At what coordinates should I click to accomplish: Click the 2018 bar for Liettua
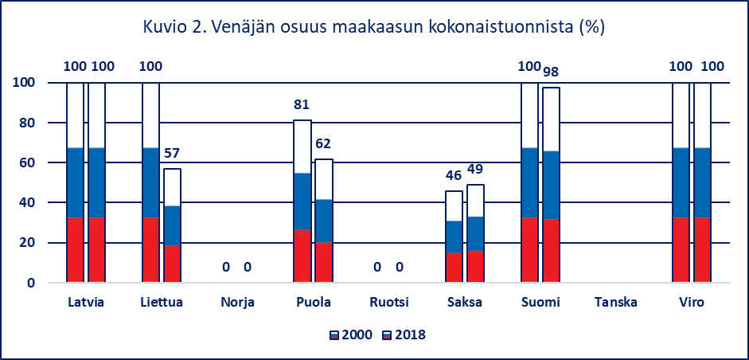pyautogui.click(x=173, y=225)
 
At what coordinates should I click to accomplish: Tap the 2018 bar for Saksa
pyautogui.click(x=475, y=233)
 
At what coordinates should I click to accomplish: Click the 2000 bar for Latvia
pyautogui.click(x=75, y=182)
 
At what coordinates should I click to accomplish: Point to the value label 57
pyautogui.click(x=173, y=153)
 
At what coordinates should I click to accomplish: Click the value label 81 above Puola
pyautogui.click(x=302, y=104)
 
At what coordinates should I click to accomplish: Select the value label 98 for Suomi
pyautogui.click(x=551, y=72)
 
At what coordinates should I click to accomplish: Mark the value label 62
pyautogui.click(x=323, y=144)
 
